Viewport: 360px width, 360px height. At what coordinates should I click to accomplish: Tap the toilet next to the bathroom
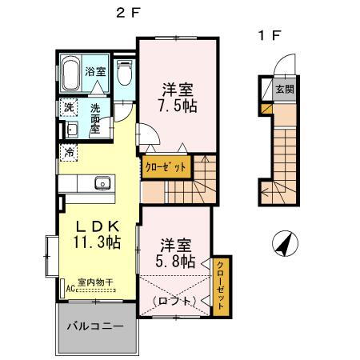(124, 74)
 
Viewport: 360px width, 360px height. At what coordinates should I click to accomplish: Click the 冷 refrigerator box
(69, 151)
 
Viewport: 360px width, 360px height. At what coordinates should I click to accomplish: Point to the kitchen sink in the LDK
(102, 184)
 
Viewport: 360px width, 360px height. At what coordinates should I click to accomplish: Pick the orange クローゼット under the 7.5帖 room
(167, 168)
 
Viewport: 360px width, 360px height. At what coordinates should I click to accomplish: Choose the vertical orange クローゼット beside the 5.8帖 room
(220, 285)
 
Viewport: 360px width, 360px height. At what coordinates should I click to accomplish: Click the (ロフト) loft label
(174, 301)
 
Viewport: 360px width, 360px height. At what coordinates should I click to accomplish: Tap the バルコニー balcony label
(94, 327)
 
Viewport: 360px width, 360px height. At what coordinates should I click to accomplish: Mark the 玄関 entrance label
(284, 90)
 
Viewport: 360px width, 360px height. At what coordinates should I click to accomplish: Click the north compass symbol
(282, 242)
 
